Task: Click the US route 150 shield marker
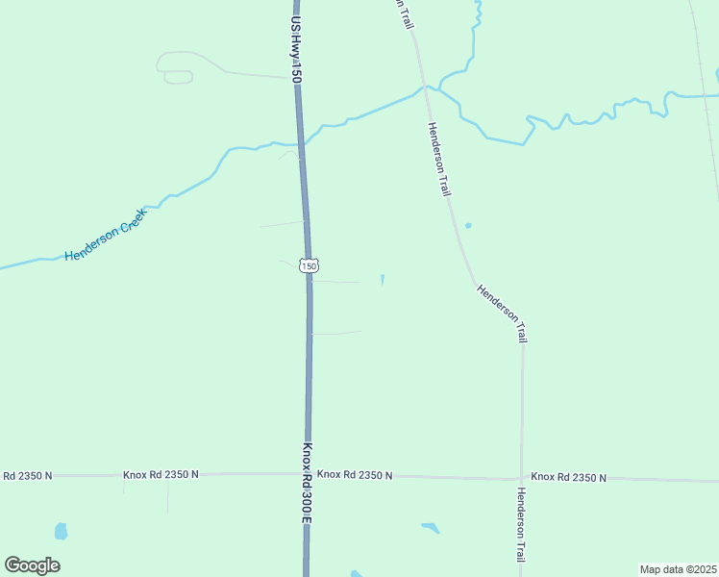308,265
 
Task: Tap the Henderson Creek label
106,234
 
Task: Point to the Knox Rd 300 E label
309,482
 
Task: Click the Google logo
32,565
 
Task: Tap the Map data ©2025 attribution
678,569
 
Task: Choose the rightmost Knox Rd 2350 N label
568,477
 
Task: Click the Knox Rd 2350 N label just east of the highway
355,475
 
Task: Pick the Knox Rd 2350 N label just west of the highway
161,475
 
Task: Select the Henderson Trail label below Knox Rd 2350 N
521,525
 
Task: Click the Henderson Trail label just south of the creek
439,160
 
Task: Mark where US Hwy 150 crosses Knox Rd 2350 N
308,474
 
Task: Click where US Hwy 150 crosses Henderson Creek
301,141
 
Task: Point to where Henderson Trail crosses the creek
423,87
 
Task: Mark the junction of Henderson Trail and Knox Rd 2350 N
522,477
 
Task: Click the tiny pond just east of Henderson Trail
468,226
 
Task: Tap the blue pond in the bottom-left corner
62,531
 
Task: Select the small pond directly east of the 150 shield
383,280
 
